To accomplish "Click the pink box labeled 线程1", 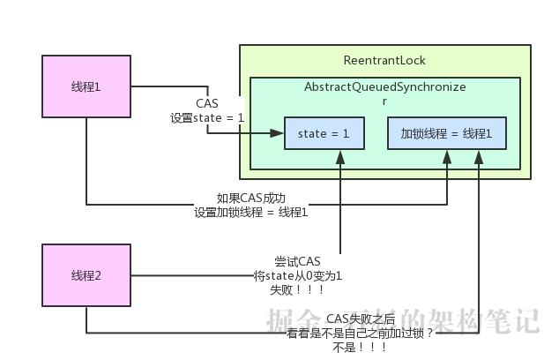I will tap(86, 86).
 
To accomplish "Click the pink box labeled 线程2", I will tap(86, 275).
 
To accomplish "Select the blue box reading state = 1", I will tap(324, 134).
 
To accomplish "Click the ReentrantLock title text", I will tap(384, 60).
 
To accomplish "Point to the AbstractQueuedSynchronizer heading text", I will tap(384, 87).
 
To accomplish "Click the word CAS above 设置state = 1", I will tap(207, 103).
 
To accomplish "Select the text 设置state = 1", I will tap(207, 117).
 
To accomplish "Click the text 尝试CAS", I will tap(297, 261).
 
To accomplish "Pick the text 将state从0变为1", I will tap(297, 275).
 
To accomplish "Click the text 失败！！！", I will tap(297, 289).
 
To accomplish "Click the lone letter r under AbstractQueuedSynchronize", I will tap(384, 101).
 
